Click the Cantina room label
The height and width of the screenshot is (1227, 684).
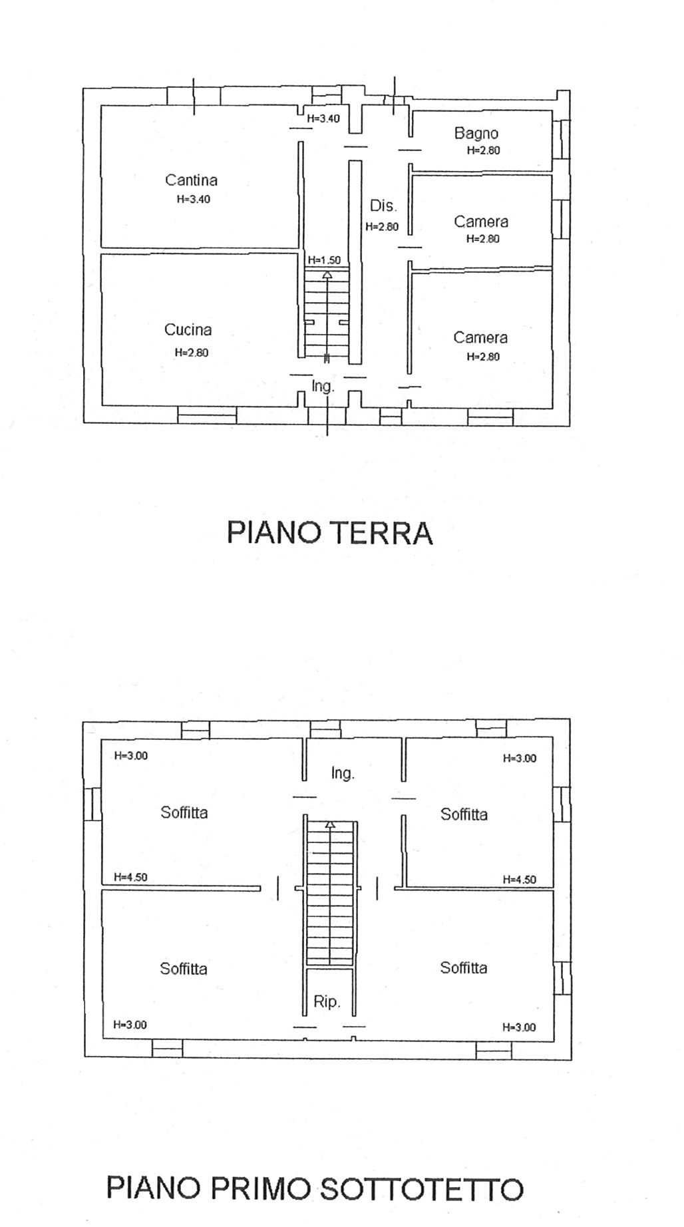point(191,180)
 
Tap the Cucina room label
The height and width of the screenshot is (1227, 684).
point(188,329)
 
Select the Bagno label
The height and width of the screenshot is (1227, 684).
point(476,134)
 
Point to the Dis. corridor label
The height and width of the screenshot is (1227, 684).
point(383,206)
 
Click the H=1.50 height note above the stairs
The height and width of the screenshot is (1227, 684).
point(324,260)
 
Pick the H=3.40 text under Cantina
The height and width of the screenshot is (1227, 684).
point(194,199)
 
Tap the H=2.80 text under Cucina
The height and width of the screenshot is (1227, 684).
point(192,353)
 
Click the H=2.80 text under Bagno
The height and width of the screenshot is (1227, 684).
point(484,150)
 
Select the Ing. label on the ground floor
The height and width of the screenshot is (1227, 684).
point(323,386)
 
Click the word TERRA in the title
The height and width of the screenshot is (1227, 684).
point(381,533)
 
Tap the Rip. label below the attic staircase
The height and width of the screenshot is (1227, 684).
point(327,1001)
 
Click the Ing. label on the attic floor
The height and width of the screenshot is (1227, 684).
point(343,773)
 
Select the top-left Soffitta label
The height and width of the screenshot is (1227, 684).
point(184,812)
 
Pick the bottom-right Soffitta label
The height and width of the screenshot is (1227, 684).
point(464,968)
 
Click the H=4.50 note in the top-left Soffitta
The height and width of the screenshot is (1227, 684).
point(130,877)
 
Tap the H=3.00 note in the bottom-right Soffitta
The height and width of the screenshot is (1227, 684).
point(519,1027)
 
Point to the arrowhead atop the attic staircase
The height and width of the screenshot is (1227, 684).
point(329,825)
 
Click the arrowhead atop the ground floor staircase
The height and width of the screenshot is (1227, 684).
point(327,274)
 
